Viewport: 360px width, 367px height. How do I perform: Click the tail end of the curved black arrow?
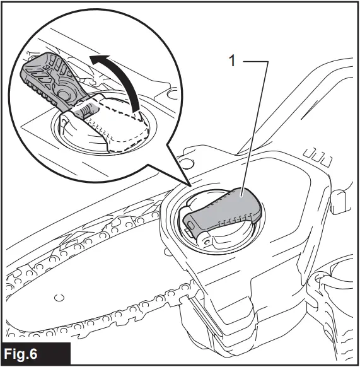pyautogui.click(x=134, y=107)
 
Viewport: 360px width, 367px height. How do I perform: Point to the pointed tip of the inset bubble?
pyautogui.click(x=190, y=185)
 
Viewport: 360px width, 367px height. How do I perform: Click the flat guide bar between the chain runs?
pyautogui.click(x=95, y=277)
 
